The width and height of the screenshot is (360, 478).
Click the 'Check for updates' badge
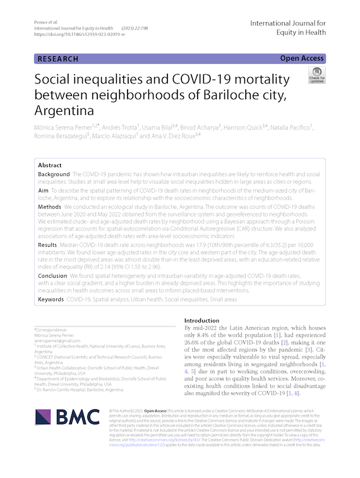(316, 75)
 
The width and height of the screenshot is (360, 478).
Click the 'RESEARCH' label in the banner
(57, 59)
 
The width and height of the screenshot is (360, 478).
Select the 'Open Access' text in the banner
(302, 59)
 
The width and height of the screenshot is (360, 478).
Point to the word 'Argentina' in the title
(68, 111)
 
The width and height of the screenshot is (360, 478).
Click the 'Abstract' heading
(50, 164)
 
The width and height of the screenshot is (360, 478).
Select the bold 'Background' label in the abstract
(54, 174)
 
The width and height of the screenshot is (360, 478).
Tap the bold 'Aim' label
(43, 189)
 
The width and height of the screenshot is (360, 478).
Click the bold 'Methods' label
(50, 206)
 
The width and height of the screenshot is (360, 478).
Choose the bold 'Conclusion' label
(52, 275)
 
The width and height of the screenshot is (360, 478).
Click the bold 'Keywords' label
(51, 298)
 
